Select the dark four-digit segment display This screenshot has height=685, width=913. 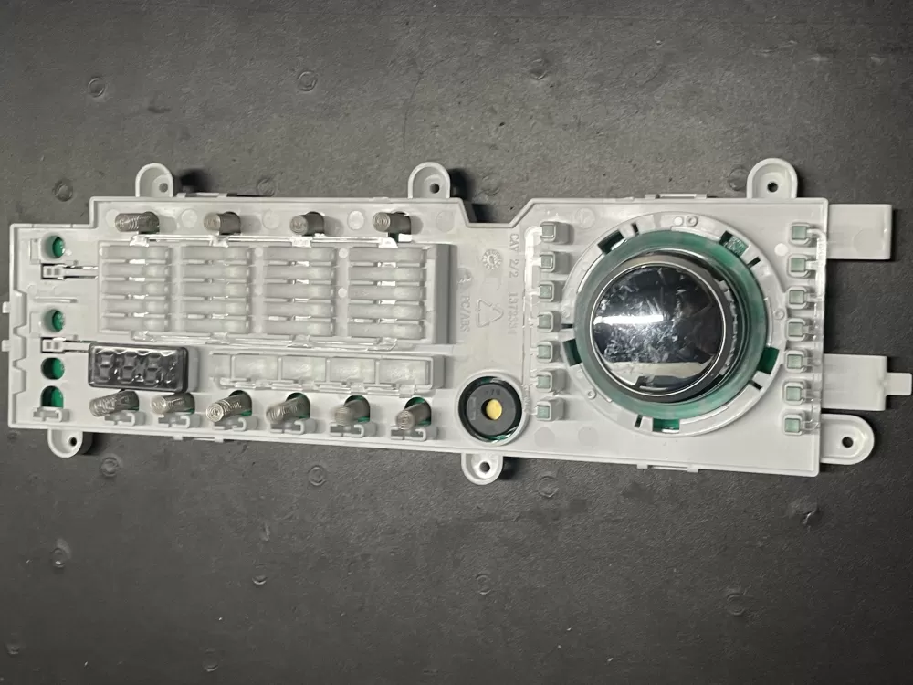138,367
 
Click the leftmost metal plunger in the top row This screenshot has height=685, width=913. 137,221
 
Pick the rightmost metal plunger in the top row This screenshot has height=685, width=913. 393,222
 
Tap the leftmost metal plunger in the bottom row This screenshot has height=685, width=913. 114,402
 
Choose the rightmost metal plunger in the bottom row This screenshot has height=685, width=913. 414,416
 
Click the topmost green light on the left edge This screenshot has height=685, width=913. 54,246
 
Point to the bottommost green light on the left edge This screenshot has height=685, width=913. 54,397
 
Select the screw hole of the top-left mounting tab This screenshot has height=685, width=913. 154,182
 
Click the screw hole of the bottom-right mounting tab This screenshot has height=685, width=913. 850,441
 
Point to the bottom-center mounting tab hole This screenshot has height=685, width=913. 484,467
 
